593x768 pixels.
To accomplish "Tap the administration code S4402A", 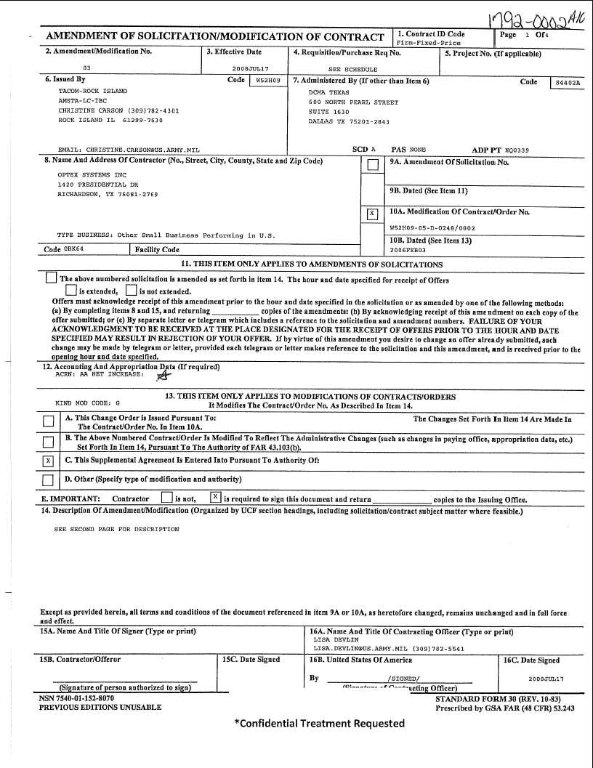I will [567, 83].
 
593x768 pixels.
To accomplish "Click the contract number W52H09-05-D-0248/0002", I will [432, 227].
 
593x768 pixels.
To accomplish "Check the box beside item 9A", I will [373, 165].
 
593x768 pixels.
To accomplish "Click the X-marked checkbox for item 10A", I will [373, 214].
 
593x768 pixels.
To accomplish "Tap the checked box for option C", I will [48, 461].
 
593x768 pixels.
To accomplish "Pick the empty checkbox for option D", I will [48, 480].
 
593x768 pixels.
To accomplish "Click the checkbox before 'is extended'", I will [71, 291].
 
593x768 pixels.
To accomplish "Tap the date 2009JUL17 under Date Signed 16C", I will [546, 679].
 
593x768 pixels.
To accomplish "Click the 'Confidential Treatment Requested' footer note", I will [319, 723].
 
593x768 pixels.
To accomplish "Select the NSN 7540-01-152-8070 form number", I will [76, 698].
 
